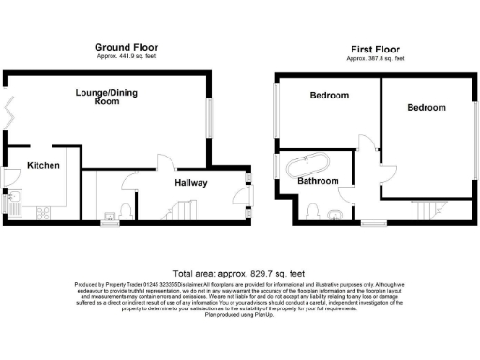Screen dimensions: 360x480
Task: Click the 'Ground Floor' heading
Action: [x=127, y=47]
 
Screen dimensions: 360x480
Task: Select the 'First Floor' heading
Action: [x=374, y=48]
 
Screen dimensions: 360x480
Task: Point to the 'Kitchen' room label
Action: [x=43, y=166]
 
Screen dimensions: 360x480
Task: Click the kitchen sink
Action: [x=18, y=200]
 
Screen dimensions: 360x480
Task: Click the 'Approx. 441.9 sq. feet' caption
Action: [x=127, y=56]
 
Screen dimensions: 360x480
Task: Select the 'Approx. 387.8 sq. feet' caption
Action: [x=374, y=58]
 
